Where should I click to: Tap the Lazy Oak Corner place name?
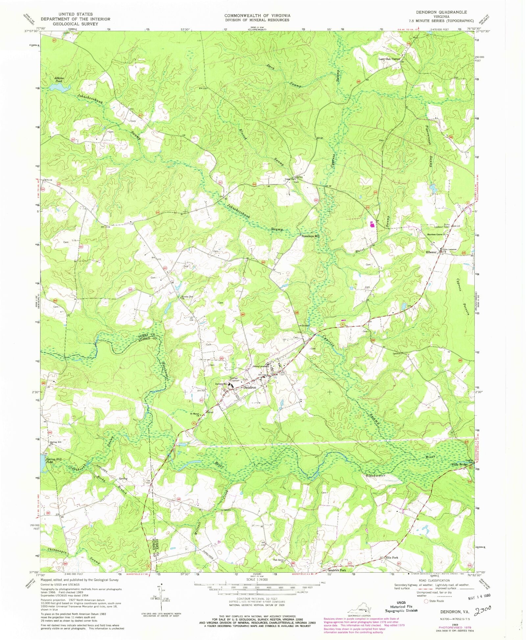click(x=389, y=59)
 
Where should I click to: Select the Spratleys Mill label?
click(x=311, y=236)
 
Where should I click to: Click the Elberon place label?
click(x=431, y=252)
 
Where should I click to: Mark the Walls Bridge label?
click(x=459, y=465)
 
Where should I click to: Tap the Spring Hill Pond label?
click(x=54, y=460)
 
